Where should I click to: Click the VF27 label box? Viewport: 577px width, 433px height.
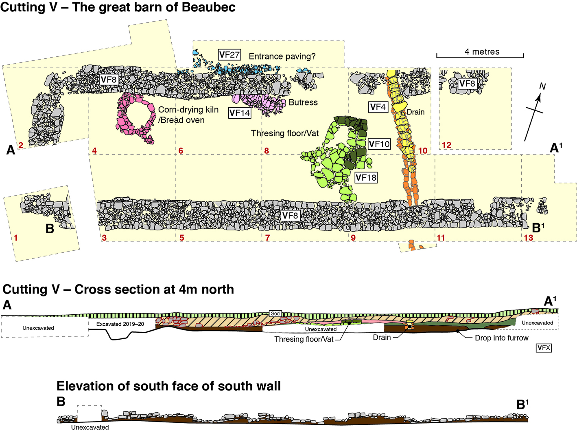pos(229,55)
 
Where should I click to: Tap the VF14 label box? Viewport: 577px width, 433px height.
pos(239,113)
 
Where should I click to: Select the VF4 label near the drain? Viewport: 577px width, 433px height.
pos(378,107)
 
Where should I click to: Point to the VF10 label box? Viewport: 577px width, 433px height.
pos(379,144)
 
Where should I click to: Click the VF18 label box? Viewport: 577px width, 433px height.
pos(366,178)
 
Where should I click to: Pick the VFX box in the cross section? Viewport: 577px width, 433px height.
pos(544,348)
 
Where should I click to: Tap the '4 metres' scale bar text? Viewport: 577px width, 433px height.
pos(482,52)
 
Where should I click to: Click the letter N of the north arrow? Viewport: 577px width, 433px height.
pos(542,86)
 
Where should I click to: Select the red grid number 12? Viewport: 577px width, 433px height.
pos(446,145)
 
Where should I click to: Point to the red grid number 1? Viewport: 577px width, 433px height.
pos(15,237)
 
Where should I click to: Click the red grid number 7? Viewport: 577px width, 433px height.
pos(267,238)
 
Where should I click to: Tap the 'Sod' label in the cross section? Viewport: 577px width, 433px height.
pos(275,314)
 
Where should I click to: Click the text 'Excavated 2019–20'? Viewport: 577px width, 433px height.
pos(120,324)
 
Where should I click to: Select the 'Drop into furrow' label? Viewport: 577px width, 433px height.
pos(501,338)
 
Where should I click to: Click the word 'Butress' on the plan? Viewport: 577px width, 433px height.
pos(303,102)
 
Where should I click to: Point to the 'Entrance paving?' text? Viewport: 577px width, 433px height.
pos(282,56)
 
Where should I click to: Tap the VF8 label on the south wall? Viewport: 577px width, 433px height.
pos(290,215)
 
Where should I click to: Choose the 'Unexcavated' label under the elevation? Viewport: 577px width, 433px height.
pos(90,427)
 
